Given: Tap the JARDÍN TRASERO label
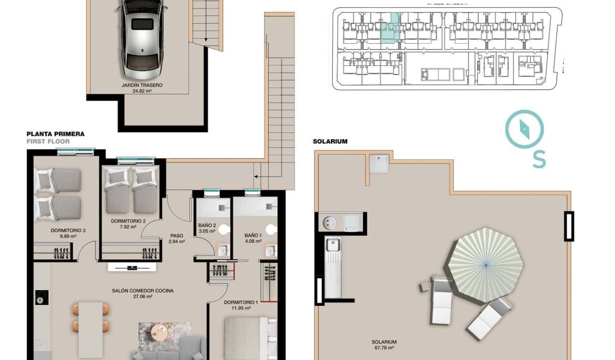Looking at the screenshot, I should tap(142, 85).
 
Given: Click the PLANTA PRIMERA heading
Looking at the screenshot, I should tap(56, 134).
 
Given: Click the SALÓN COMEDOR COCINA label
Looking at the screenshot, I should tap(143, 291).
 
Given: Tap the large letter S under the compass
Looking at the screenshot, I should tap(539, 159).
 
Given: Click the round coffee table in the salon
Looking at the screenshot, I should tap(160, 331).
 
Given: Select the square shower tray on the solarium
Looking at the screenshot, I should tap(379, 164).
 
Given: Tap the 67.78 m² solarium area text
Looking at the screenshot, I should tap(384, 348).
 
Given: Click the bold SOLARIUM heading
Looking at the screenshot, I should tap(330, 141).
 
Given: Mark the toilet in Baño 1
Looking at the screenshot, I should tap(270, 229).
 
